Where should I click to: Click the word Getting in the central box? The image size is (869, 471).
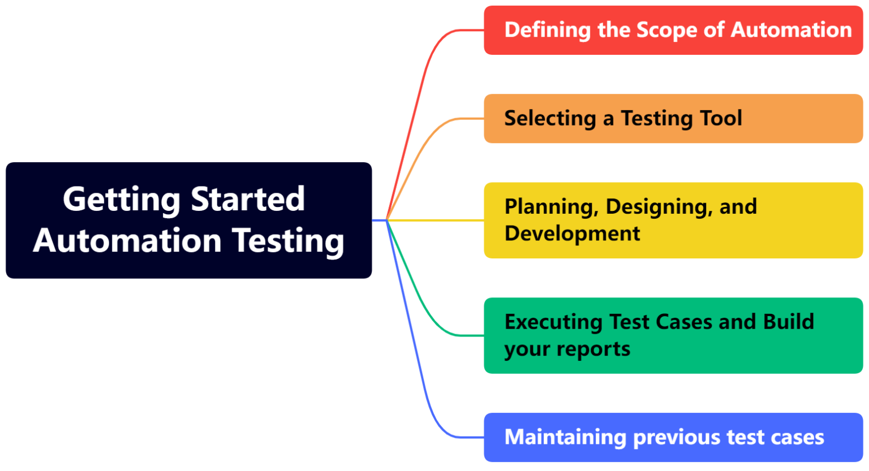(x=121, y=200)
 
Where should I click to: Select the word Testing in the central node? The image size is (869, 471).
(x=289, y=241)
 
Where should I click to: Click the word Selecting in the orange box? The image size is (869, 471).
(x=550, y=119)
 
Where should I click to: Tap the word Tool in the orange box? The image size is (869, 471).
(x=721, y=118)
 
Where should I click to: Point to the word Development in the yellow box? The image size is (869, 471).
(x=572, y=234)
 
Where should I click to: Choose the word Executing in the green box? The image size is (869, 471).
(x=553, y=322)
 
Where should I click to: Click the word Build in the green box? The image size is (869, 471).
(x=788, y=322)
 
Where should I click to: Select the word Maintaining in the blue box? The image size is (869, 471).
(x=565, y=438)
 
